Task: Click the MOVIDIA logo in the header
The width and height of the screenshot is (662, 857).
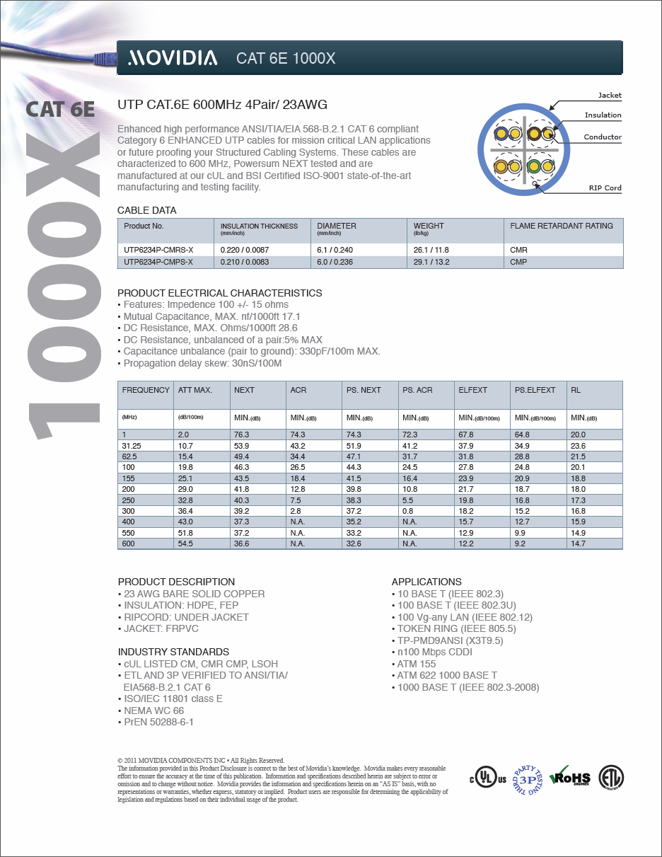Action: pyautogui.click(x=173, y=58)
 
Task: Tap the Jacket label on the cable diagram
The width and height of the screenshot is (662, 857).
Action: pyautogui.click(x=610, y=95)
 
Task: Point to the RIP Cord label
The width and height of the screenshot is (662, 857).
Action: pyautogui.click(x=605, y=188)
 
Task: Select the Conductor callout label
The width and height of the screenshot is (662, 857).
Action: pyautogui.click(x=603, y=137)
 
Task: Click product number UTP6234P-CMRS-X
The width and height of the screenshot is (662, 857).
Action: pyautogui.click(x=158, y=250)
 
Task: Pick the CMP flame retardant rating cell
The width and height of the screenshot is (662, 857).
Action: pyautogui.click(x=518, y=262)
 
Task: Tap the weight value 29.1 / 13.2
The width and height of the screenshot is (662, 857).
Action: pyautogui.click(x=431, y=262)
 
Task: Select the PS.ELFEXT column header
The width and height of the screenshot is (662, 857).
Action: pyautogui.click(x=535, y=390)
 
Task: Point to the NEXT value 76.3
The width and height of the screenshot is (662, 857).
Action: pyautogui.click(x=242, y=435)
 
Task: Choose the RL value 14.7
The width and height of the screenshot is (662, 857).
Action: pyautogui.click(x=578, y=543)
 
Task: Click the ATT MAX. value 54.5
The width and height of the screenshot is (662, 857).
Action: pyautogui.click(x=185, y=543)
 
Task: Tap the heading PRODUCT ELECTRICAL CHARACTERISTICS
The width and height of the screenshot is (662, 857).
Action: pyautogui.click(x=219, y=293)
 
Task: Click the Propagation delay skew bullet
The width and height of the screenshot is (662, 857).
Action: pyautogui.click(x=202, y=363)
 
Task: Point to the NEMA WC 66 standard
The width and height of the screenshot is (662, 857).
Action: pyautogui.click(x=153, y=711)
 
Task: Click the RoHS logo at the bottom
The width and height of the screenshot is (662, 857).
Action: pyautogui.click(x=570, y=778)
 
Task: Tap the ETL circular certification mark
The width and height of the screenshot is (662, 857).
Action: pyautogui.click(x=612, y=778)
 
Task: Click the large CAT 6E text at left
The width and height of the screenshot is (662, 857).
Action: pyautogui.click(x=60, y=110)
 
